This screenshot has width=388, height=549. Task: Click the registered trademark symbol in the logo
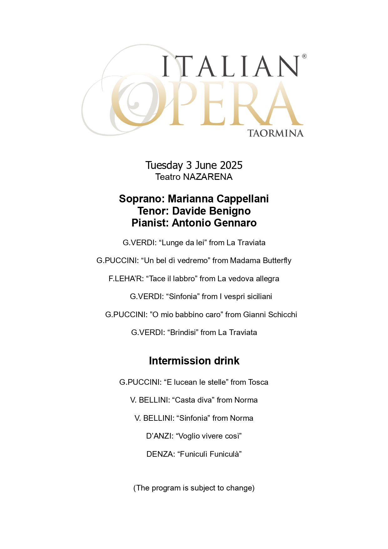click(x=304, y=56)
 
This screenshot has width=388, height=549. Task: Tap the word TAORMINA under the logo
click(x=275, y=134)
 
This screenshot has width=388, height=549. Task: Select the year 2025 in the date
click(x=231, y=165)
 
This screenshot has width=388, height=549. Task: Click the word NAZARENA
click(x=208, y=177)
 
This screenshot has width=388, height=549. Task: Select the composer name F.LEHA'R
click(x=125, y=279)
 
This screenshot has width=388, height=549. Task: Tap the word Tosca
click(x=258, y=382)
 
